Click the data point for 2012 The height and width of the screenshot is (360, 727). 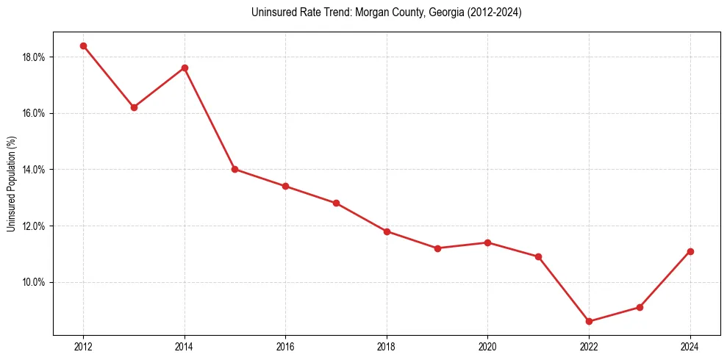click(83, 46)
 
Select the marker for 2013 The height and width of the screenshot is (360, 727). click(134, 107)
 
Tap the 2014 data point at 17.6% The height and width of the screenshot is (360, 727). click(185, 68)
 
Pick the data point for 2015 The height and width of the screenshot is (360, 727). click(235, 169)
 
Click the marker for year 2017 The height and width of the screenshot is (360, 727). click(336, 203)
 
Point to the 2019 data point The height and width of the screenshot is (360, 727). click(437, 248)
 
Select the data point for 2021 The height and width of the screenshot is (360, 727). click(538, 256)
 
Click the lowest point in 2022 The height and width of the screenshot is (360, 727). click(589, 321)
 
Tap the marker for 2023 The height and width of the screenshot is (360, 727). click(640, 307)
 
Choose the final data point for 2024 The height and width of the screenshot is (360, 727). click(690, 251)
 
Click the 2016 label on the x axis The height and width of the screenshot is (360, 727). click(285, 347)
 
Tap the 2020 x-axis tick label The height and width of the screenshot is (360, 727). click(487, 347)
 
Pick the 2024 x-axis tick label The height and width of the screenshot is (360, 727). click(690, 347)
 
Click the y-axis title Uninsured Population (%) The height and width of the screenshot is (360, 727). click(11, 184)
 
